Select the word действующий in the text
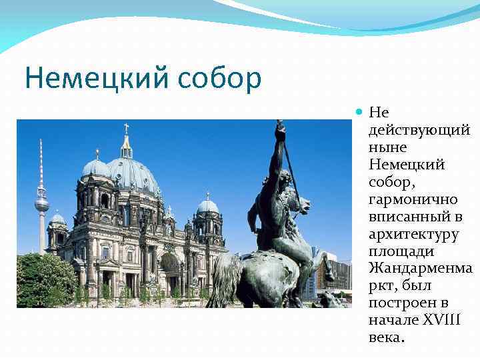point(419,129)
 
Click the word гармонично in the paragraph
point(411,199)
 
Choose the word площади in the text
point(401,251)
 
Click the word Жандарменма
point(421,268)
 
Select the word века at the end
point(385,337)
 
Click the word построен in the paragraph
point(399,303)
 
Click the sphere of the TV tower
point(42,203)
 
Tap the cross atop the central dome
point(126,128)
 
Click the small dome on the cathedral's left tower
point(95,167)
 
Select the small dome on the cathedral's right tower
point(207,205)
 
